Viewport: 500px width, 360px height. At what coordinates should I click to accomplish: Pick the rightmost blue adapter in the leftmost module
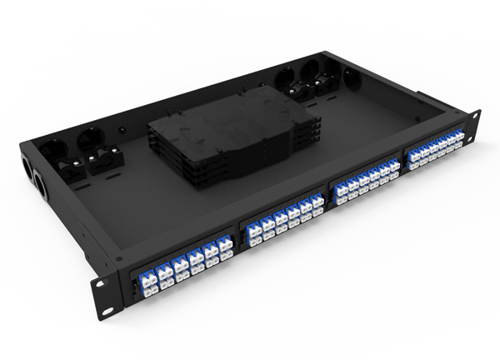coord(224,249)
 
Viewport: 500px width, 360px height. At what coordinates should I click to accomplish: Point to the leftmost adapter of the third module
coord(339,194)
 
